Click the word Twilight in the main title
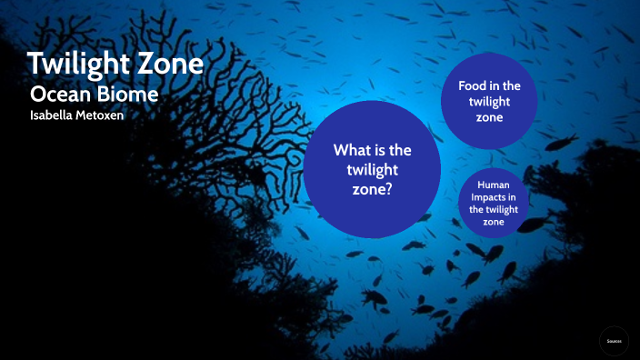click(79, 66)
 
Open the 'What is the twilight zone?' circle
click(371, 168)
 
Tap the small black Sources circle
click(614, 340)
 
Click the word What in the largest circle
click(352, 150)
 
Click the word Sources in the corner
click(614, 340)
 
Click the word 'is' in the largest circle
click(382, 150)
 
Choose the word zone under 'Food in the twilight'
click(489, 118)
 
